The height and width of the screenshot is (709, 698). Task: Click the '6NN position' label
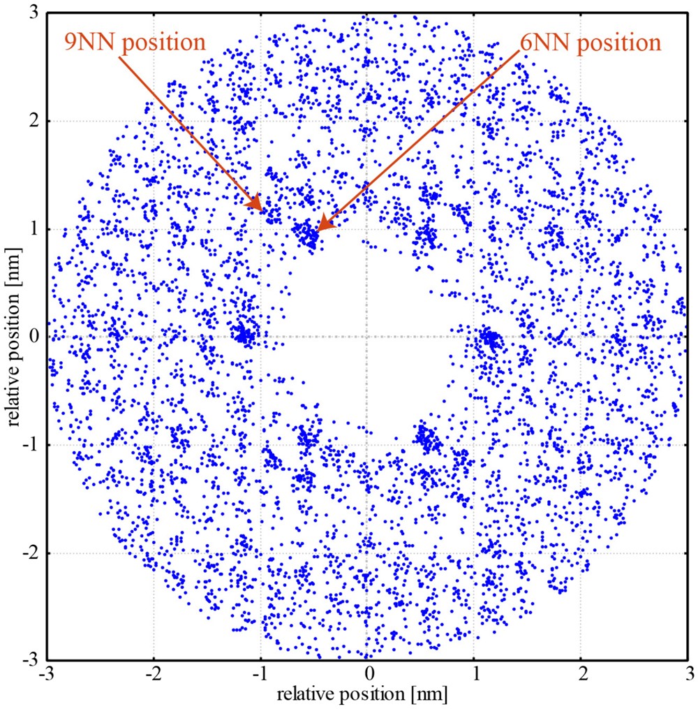tap(591, 42)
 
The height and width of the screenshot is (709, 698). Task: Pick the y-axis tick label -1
tap(30, 445)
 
